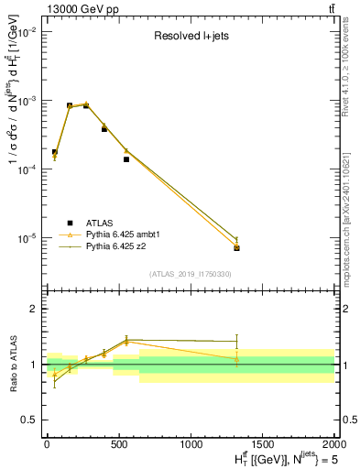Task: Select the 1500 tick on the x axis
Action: point(263,444)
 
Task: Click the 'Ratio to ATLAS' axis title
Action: point(12,365)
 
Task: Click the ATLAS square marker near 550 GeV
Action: point(126,159)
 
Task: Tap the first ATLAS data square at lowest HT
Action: point(55,152)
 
